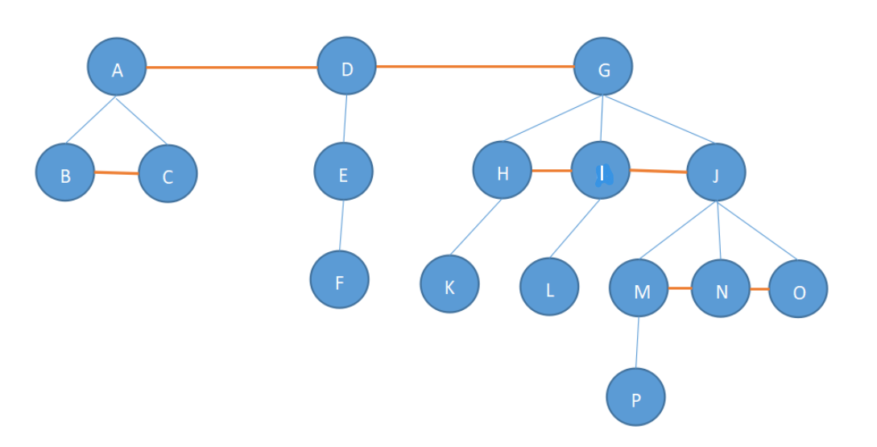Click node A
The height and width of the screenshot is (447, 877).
pos(117,68)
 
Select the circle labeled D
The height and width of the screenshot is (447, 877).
pos(346,67)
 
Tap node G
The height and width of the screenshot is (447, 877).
pos(603,68)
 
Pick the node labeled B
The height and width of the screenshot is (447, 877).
pos(65,172)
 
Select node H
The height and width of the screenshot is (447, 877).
pos(503,171)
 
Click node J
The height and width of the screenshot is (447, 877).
pos(716,173)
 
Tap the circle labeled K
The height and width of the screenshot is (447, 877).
pos(449,284)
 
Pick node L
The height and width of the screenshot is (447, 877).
pos(549,288)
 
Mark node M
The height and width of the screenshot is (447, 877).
pos(639,288)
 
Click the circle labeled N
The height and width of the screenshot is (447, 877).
pos(721,288)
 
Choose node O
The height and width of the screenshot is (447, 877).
pos(798,289)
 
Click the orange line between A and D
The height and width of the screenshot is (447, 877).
pos(231,68)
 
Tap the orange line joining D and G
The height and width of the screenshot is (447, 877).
pos(475,66)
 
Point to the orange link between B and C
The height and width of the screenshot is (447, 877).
pos(117,173)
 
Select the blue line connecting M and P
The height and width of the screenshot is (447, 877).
pos(638,342)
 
